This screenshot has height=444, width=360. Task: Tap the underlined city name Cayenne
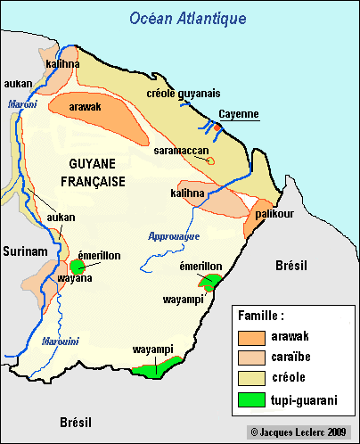[x=239, y=114]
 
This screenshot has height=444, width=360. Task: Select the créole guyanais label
[x=182, y=93]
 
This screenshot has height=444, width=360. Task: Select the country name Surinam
[x=24, y=252]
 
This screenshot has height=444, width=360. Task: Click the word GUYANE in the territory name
[x=91, y=164]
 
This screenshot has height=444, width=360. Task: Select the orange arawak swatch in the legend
[x=253, y=337]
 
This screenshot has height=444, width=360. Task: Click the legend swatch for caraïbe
[x=253, y=358]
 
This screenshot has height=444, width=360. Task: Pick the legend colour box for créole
[x=253, y=378]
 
